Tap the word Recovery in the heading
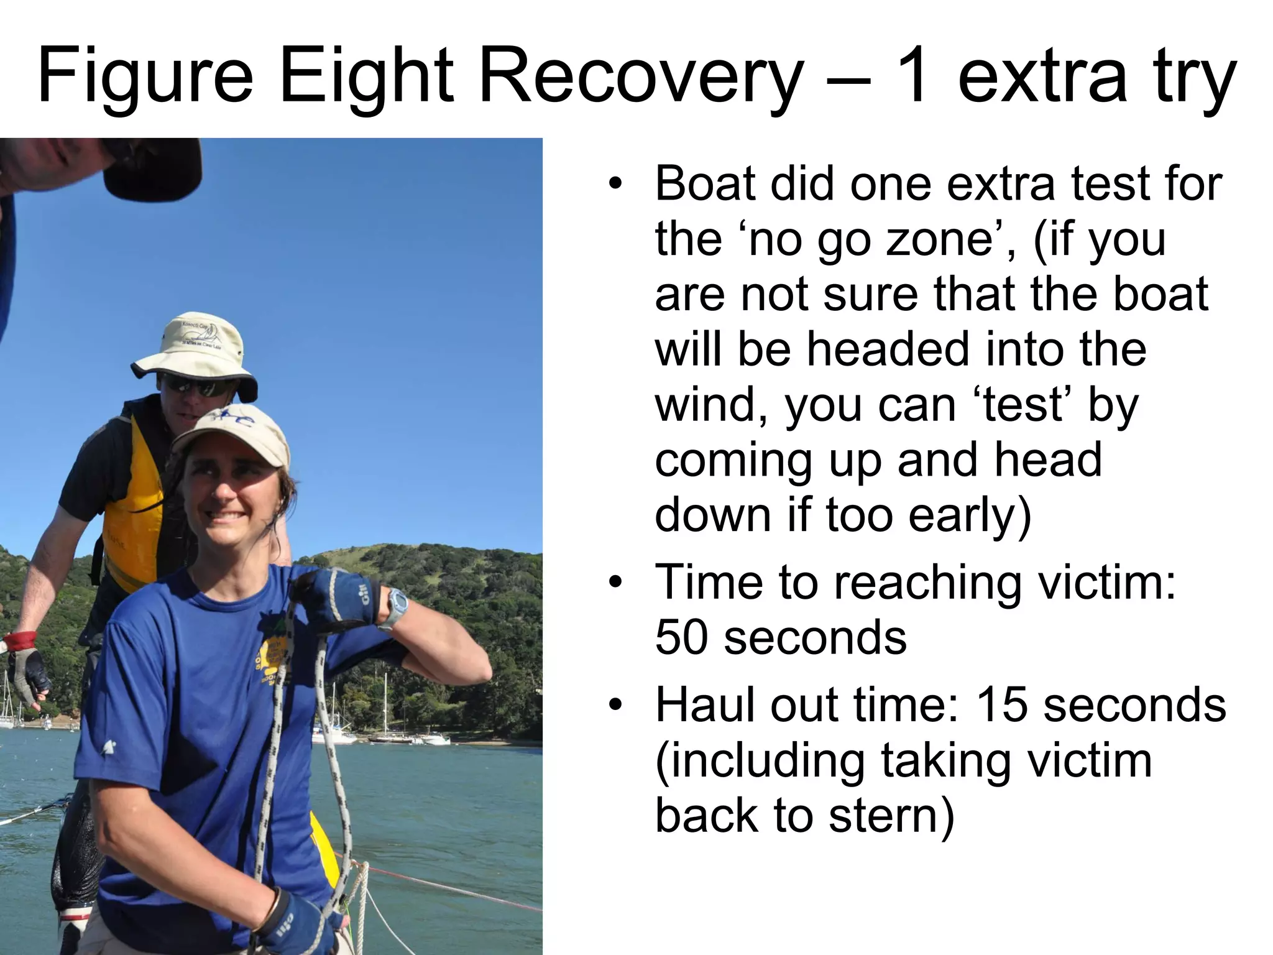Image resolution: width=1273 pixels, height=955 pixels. (x=640, y=76)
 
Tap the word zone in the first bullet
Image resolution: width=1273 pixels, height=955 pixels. (x=938, y=239)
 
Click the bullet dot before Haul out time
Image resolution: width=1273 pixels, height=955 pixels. (x=615, y=705)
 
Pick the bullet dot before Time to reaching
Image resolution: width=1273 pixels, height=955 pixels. (x=615, y=583)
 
